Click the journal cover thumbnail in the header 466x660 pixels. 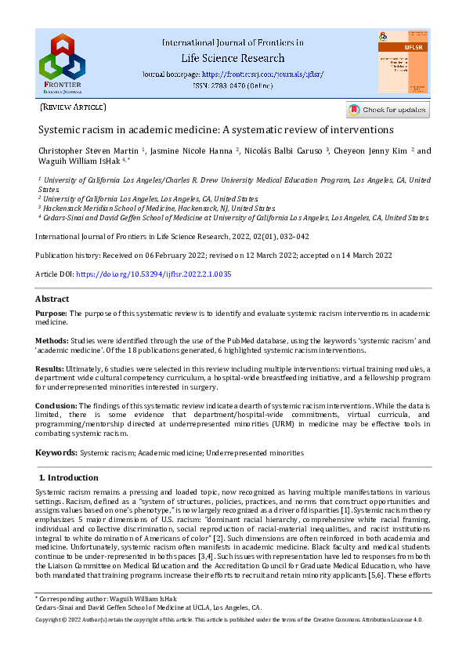[x=403, y=62]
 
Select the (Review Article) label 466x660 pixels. [x=73, y=107]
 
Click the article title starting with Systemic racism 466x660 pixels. [x=216, y=129]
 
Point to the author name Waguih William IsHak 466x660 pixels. [x=76, y=162]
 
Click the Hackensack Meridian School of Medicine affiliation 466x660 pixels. [x=157, y=209]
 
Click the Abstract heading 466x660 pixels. [x=52, y=299]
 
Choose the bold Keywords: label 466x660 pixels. [x=56, y=453]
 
